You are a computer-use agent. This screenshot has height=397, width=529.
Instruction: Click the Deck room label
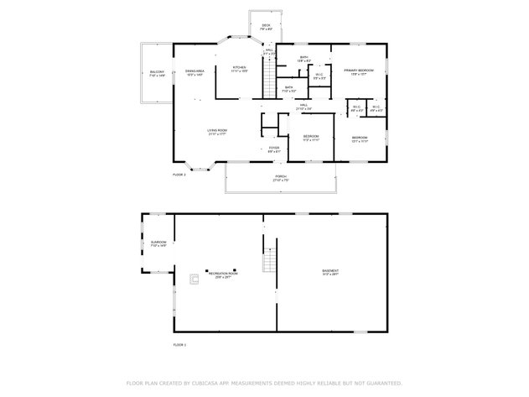[x=266, y=26]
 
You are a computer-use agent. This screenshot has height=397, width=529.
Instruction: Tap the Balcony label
[x=157, y=73]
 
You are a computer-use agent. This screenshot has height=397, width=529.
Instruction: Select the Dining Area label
[x=194, y=73]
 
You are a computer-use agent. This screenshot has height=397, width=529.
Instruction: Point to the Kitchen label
[x=239, y=68]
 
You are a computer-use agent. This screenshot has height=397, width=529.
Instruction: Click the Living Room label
[x=218, y=132]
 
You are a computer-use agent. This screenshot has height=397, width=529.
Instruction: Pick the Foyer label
[x=274, y=149]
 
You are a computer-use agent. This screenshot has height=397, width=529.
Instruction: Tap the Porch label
[x=280, y=179]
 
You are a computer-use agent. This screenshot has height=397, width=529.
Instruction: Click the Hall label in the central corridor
[x=303, y=107]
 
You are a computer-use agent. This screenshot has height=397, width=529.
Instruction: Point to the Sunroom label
[x=158, y=244]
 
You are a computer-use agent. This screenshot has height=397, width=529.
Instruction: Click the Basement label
[x=331, y=272]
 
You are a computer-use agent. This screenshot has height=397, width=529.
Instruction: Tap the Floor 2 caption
[x=179, y=175]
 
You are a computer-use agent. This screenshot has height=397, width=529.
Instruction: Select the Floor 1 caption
[x=179, y=344]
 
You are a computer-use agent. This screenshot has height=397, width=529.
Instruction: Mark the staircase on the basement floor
[x=269, y=261]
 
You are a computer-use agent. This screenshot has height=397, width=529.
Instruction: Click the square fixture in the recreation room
[x=194, y=279]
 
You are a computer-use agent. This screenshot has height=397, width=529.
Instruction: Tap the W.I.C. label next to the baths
[x=319, y=76]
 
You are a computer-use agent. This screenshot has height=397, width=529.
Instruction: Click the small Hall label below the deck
[x=270, y=51]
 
